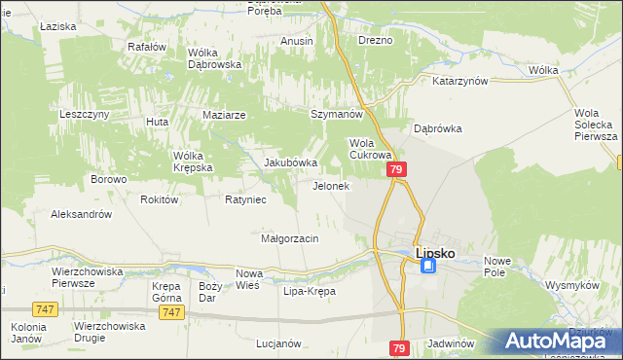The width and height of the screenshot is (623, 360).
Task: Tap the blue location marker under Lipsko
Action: click(428, 266)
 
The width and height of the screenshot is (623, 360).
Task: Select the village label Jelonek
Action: click(330, 186)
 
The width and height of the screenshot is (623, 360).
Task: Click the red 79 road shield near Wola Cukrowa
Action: click(396, 169)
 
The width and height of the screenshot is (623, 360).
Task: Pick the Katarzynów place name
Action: click(459, 82)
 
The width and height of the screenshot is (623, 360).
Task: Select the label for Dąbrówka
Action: click(437, 127)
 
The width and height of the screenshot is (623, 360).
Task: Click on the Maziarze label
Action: click(224, 115)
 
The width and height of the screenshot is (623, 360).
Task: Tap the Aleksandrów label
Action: click(82, 214)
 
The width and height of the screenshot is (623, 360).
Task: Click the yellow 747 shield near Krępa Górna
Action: click(171, 311)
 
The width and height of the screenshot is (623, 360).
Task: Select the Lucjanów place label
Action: click(277, 343)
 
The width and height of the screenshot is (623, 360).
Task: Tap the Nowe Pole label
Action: click(497, 266)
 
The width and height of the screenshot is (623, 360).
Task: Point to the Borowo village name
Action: click(109, 179)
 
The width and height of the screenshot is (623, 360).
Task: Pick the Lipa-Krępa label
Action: click(309, 291)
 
